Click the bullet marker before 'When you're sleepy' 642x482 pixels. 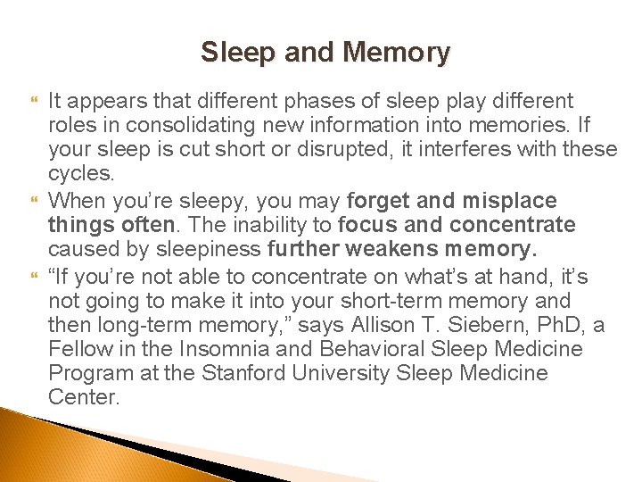(x=35, y=200)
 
